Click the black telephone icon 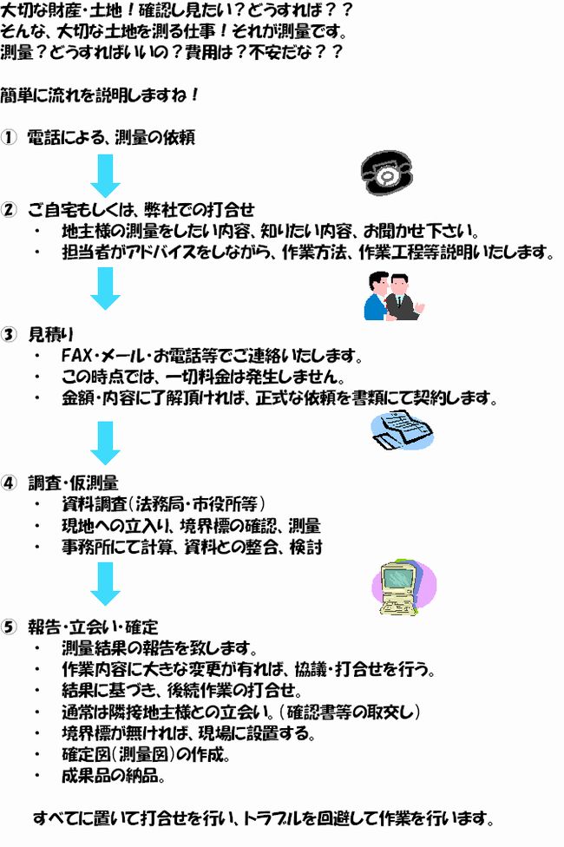(387, 173)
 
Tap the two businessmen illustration (394, 297)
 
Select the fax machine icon (403, 430)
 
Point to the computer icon (403, 588)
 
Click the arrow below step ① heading (105, 175)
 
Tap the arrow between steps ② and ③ (105, 288)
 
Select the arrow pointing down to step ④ (105, 443)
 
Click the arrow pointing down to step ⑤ (105, 584)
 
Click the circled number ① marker (9, 138)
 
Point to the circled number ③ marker (9, 335)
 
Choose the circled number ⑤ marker (9, 627)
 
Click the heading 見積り (51, 335)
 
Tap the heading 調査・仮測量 (73, 483)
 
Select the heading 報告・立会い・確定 (93, 627)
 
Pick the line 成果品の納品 (113, 776)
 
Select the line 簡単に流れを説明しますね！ (100, 95)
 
